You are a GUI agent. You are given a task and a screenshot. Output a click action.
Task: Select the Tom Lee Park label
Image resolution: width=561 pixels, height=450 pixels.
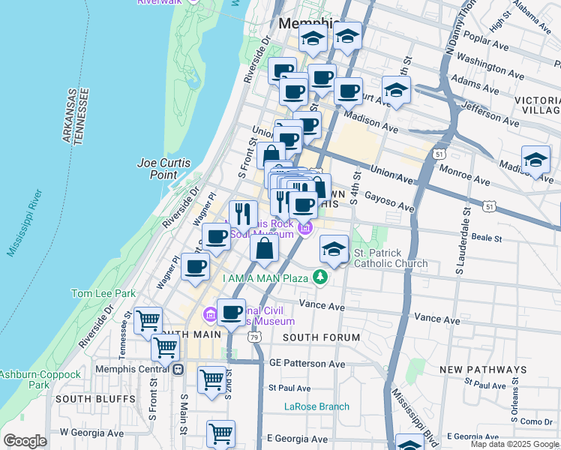click(x=103, y=294)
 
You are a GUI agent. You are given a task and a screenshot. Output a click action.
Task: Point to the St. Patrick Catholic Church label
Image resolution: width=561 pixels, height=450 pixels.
click(x=390, y=258)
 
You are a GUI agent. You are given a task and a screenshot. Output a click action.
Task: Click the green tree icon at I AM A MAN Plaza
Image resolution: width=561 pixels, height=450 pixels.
click(x=321, y=278)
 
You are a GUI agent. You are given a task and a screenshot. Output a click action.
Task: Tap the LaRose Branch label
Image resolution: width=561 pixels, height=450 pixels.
click(x=316, y=406)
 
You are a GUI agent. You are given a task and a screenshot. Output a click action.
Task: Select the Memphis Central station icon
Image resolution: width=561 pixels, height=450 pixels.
click(x=178, y=369)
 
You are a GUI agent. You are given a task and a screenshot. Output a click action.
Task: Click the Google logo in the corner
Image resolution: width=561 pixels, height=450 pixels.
click(x=25, y=441)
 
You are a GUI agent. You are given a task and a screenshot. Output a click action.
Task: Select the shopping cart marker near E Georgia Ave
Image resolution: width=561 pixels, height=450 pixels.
click(x=220, y=433)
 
